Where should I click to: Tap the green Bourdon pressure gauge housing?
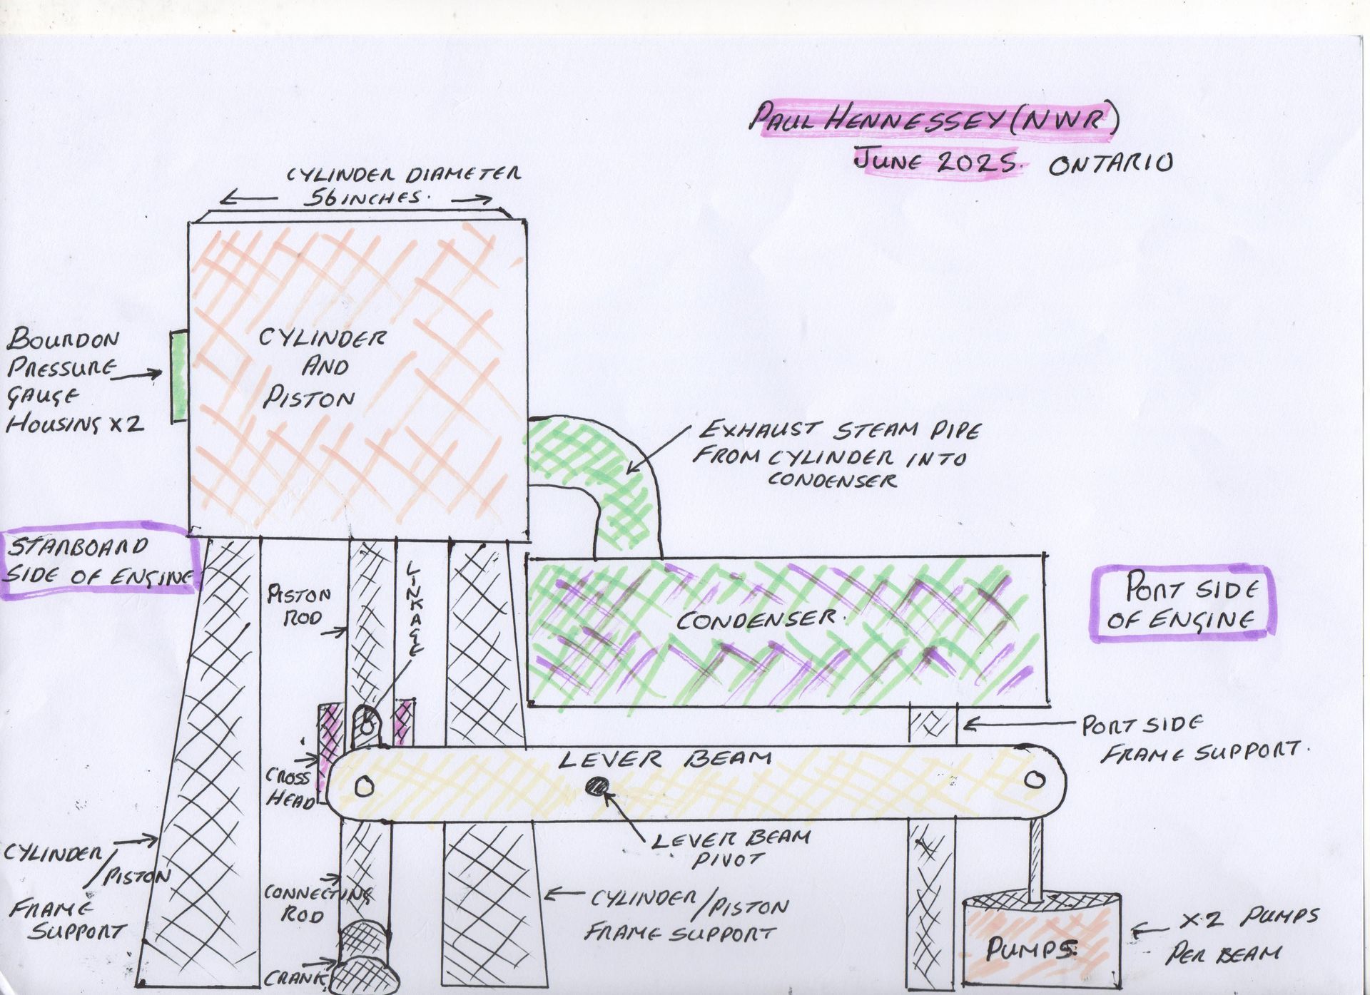coord(178,377)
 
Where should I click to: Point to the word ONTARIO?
coord(1110,165)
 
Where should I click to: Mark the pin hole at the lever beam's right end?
coord(1032,780)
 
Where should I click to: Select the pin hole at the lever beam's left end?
coord(365,787)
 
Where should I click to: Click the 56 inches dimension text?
coord(361,198)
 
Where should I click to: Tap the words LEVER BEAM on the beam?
coord(664,759)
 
